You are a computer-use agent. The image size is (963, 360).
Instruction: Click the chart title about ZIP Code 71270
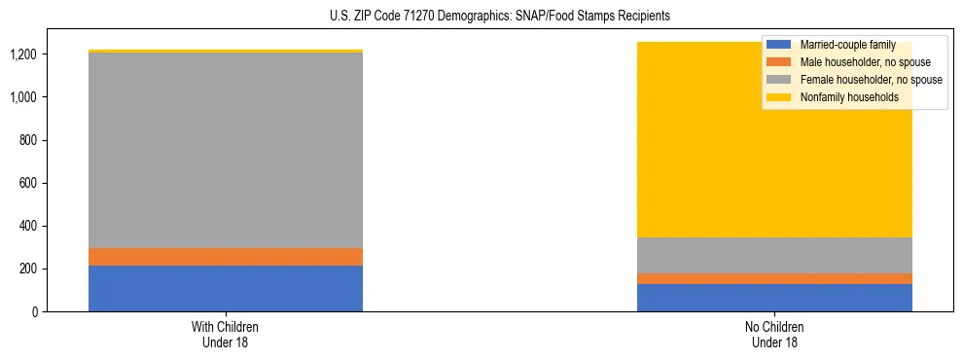click(x=482, y=17)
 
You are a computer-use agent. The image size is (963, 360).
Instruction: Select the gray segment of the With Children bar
click(x=226, y=150)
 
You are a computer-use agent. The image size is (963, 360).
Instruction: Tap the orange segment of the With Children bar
click(x=226, y=257)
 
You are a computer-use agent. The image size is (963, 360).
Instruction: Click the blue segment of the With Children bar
click(x=226, y=288)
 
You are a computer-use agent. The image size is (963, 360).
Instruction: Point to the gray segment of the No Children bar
click(x=774, y=255)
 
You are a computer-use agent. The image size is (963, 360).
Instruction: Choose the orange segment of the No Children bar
click(x=774, y=279)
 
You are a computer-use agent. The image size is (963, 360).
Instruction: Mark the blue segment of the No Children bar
click(x=774, y=298)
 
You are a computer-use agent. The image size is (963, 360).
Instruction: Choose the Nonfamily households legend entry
click(x=846, y=97)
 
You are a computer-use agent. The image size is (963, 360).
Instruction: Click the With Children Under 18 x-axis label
click(x=226, y=335)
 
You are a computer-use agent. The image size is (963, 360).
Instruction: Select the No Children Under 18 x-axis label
click(x=774, y=335)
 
